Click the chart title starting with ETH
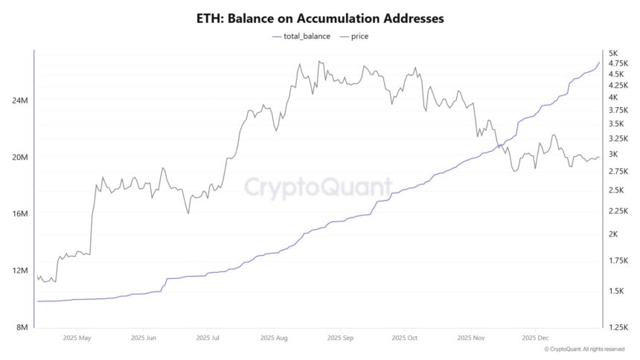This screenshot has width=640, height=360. pyautogui.click(x=319, y=16)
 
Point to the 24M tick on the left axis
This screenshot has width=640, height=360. pyautogui.click(x=19, y=100)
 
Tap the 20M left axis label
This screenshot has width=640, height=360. pyautogui.click(x=19, y=157)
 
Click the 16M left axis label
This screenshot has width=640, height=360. pyautogui.click(x=19, y=213)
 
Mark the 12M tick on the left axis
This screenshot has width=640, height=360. pyautogui.click(x=19, y=270)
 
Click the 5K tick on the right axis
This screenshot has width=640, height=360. pyautogui.click(x=613, y=54)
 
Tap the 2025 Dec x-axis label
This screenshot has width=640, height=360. pyautogui.click(x=536, y=338)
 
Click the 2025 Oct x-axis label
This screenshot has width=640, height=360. pyautogui.click(x=403, y=338)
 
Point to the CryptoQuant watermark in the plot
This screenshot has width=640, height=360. pyautogui.click(x=319, y=186)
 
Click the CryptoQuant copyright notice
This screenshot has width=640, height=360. pyautogui.click(x=584, y=349)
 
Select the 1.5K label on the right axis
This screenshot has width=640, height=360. pyautogui.click(x=615, y=291)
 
